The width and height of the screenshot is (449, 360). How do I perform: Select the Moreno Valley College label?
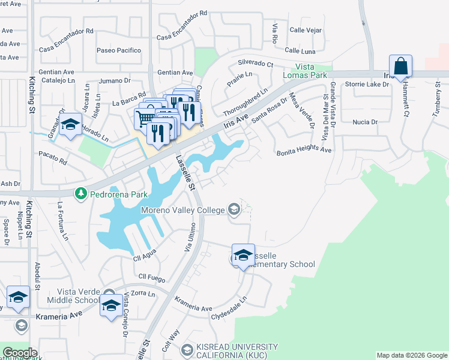(182, 210)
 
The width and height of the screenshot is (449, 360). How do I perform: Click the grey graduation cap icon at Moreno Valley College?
(234, 209)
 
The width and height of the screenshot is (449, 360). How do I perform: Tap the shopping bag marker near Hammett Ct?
(400, 68)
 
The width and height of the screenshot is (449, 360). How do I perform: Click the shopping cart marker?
(145, 119)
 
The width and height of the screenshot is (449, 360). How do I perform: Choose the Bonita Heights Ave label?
(304, 151)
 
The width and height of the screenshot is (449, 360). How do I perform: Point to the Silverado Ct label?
(255, 62)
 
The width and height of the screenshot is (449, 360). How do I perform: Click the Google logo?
(19, 353)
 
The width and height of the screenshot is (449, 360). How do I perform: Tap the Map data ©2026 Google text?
(411, 355)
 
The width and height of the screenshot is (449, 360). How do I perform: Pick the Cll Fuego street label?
(151, 277)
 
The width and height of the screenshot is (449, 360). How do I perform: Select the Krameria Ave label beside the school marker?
(59, 315)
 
